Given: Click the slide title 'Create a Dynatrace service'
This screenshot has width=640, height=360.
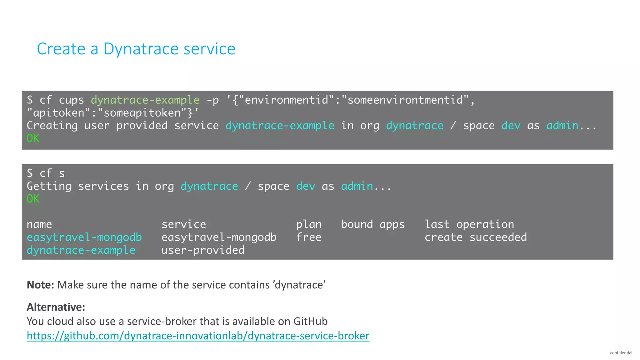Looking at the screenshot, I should tap(136, 49).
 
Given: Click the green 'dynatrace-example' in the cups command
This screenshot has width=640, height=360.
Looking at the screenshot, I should tap(145, 100).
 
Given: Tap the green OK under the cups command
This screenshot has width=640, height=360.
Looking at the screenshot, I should tap(33, 138).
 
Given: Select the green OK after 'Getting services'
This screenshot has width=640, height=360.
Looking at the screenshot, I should tap(33, 199).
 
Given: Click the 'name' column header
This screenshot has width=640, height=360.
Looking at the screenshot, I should tap(39, 224).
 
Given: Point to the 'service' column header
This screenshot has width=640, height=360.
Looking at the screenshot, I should tap(184, 224).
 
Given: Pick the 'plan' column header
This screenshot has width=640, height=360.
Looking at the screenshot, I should tap(309, 224).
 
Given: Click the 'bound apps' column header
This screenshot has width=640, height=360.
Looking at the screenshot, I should tap(372, 224).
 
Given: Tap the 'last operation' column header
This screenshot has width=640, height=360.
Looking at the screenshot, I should tap(469, 224).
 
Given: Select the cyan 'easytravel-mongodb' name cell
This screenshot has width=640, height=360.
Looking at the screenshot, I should tap(84, 237).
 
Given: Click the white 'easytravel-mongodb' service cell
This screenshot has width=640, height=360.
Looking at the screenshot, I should tap(219, 237).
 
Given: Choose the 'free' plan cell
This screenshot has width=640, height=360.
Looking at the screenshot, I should tap(309, 237).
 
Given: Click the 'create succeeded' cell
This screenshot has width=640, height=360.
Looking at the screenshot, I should tap(476, 237).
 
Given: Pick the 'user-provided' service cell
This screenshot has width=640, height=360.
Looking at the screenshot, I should tap(203, 250).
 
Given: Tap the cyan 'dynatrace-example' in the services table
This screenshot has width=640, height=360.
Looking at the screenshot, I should tap(81, 250).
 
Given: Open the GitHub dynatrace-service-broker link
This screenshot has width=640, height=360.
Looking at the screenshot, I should tap(198, 336).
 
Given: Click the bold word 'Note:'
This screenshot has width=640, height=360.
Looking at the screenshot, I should tap(40, 285).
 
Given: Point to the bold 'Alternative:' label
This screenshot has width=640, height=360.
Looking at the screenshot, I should tap(56, 307).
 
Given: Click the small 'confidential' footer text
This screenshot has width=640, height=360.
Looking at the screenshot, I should tap(621, 353).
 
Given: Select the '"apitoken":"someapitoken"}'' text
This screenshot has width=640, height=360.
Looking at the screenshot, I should tap(112, 113).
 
